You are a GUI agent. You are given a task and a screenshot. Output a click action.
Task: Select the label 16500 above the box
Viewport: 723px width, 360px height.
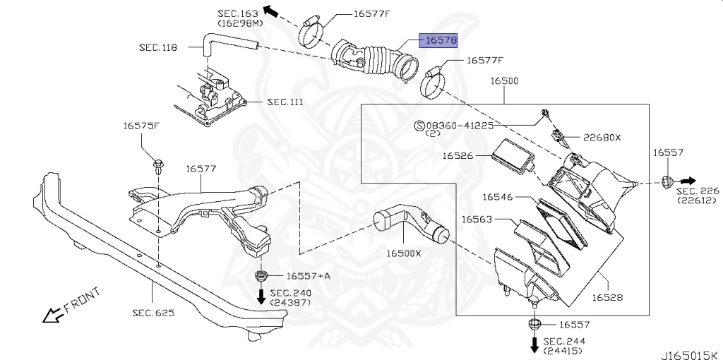[505, 81]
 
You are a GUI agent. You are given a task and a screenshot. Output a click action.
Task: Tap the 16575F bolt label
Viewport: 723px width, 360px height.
[141, 126]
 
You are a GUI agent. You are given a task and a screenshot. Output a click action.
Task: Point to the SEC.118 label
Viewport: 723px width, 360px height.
[157, 47]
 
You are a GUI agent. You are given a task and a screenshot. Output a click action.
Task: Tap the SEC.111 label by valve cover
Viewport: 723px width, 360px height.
[285, 102]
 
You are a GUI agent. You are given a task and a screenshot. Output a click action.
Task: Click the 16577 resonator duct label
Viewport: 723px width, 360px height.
[201, 169]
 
